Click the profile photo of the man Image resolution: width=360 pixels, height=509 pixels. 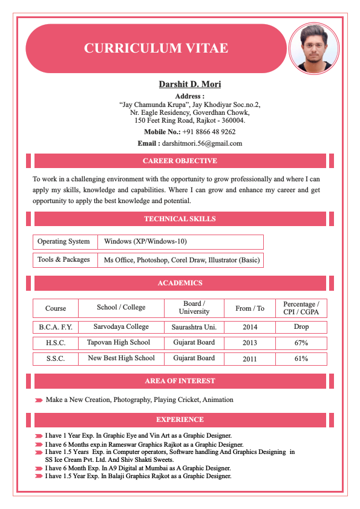pyautogui.click(x=314, y=48)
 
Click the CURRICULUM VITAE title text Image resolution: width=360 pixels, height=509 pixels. pyautogui.click(x=156, y=48)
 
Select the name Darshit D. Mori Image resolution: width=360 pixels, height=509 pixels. pyautogui.click(x=190, y=84)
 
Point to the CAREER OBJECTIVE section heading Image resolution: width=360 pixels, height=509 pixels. pyautogui.click(x=180, y=161)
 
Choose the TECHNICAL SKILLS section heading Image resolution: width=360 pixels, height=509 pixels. pyautogui.click(x=180, y=219)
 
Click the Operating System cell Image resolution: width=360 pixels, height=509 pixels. pyautogui.click(x=64, y=242)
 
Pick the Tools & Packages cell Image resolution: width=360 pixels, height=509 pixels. pyautogui.click(x=64, y=260)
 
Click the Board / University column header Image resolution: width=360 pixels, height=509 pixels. pyautogui.click(x=194, y=308)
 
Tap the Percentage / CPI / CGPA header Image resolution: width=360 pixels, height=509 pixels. pyautogui.click(x=301, y=308)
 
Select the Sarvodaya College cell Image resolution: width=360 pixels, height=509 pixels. pyautogui.click(x=121, y=327)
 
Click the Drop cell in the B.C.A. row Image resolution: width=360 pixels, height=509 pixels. pyautogui.click(x=301, y=327)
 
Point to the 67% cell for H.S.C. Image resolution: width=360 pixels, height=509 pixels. pyautogui.click(x=301, y=343)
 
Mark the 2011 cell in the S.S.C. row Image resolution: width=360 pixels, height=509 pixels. pyautogui.click(x=249, y=358)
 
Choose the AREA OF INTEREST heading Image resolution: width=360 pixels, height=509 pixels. pyautogui.click(x=180, y=381)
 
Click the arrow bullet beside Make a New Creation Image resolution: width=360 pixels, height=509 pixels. pyautogui.click(x=39, y=400)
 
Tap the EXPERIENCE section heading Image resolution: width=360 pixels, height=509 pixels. pyautogui.click(x=180, y=420)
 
